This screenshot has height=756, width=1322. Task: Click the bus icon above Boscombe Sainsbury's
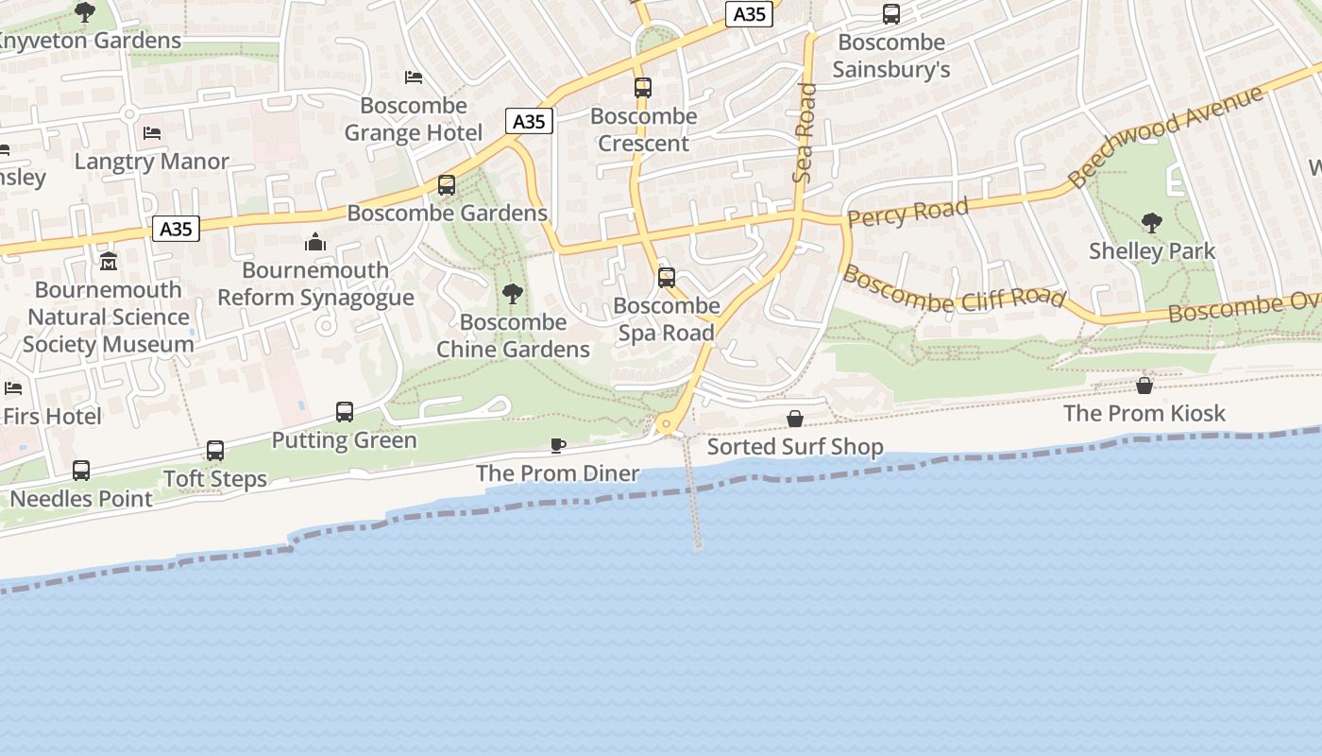[890, 14]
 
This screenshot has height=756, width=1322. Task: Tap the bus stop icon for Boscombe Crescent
[643, 88]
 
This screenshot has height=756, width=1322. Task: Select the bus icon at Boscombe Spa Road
[667, 278]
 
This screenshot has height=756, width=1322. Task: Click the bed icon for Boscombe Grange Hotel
[414, 77]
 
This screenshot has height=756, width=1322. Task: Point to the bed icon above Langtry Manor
[152, 133]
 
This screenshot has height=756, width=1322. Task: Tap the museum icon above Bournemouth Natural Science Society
[109, 261]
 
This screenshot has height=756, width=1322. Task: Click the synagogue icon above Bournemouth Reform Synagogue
[315, 243]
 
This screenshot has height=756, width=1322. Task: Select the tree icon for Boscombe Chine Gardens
[513, 294]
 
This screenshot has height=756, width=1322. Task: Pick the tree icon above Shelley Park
[1151, 223]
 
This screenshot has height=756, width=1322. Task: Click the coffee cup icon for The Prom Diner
[558, 445]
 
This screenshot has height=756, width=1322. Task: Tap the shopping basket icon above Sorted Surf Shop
[795, 419]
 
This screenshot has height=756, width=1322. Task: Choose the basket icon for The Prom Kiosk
[1144, 386]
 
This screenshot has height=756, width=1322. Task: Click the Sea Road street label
[805, 132]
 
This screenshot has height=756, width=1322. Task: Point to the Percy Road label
[907, 213]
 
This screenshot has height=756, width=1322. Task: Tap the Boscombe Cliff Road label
[954, 288]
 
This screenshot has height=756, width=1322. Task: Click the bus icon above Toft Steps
[215, 451]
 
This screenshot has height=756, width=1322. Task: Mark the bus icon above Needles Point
[81, 470]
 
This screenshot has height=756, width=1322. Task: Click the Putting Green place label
[344, 440]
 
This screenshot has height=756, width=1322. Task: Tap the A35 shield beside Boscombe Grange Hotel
[529, 121]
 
